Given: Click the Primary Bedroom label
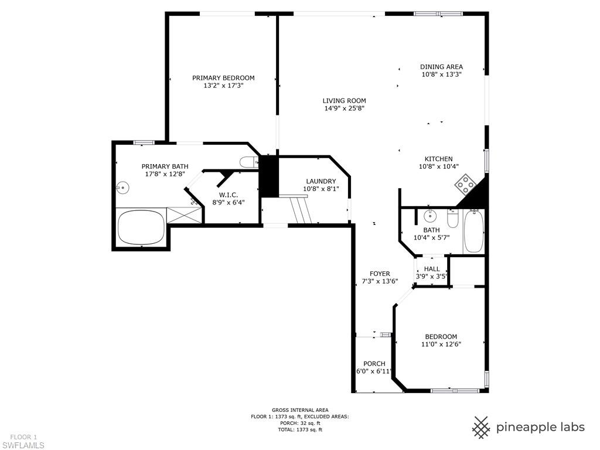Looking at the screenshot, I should (x=223, y=78).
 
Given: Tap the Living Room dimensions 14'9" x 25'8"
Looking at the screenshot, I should (x=344, y=108).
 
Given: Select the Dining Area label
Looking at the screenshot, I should (x=441, y=67).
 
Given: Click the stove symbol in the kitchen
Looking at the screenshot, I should (x=466, y=185).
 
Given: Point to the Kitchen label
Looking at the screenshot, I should (x=438, y=159).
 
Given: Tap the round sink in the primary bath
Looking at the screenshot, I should (x=123, y=187).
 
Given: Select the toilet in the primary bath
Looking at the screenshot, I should (x=249, y=162).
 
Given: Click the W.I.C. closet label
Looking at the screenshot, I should (x=228, y=195).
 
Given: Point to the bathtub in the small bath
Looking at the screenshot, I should (x=473, y=232).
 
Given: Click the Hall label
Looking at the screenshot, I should (x=432, y=269).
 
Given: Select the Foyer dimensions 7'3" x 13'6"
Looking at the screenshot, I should (x=379, y=281).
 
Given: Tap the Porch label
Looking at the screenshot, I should (x=374, y=363).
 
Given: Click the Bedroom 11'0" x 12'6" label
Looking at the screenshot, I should (x=441, y=336).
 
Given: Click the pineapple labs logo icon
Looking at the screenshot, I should (x=482, y=427).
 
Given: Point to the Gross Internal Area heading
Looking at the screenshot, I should (x=299, y=410).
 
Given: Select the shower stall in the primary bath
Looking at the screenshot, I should (x=185, y=215).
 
